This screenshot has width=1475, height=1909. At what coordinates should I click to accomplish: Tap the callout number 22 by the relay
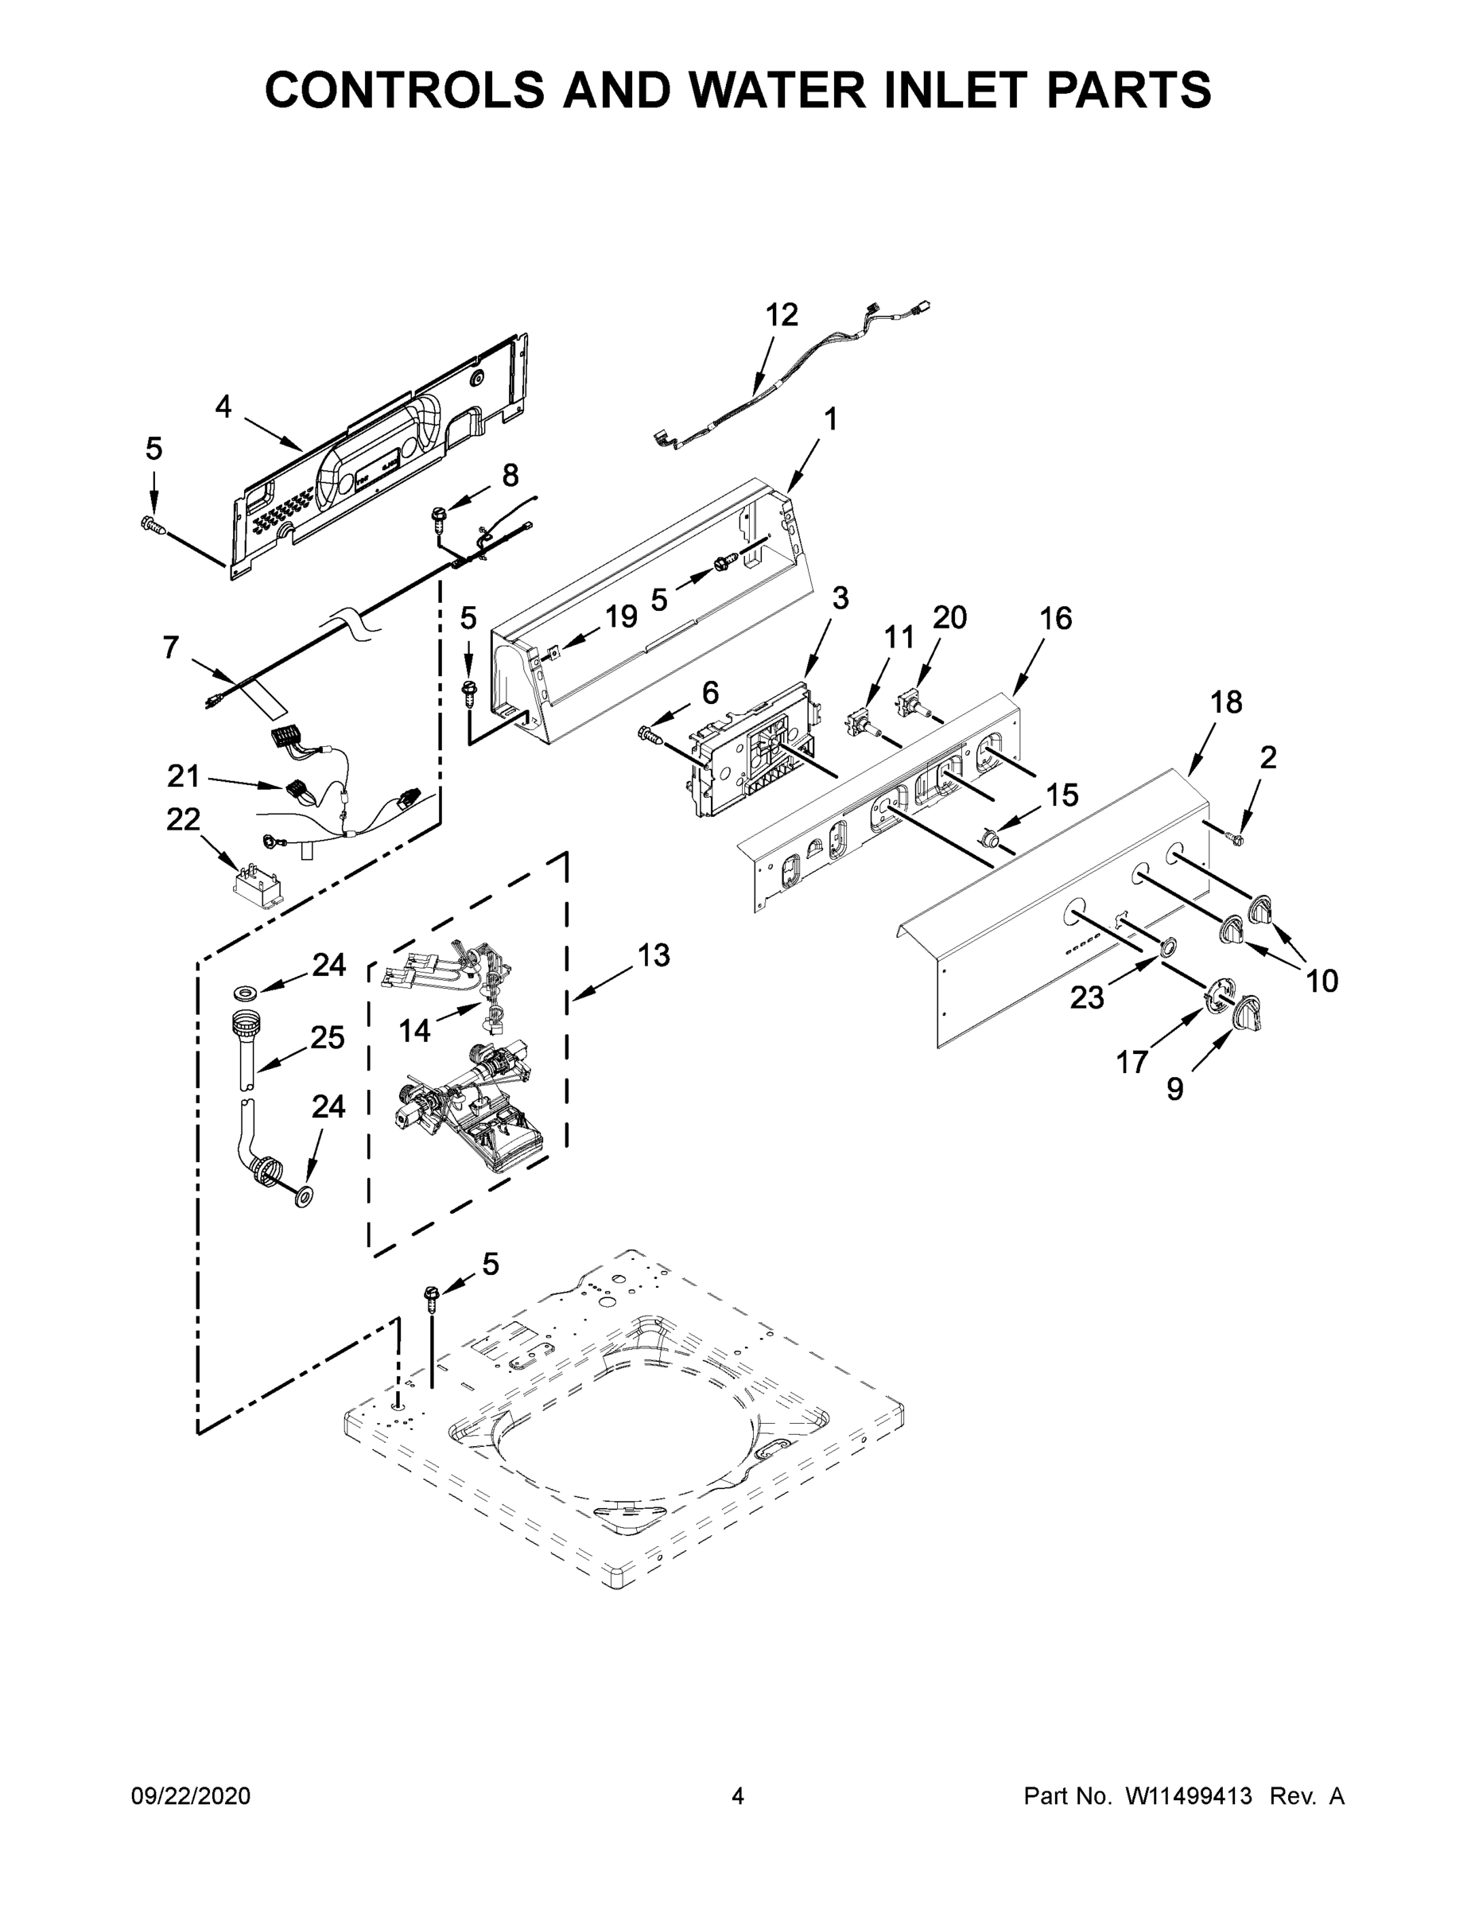184,819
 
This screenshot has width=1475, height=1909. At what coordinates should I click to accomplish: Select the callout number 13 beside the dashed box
653,954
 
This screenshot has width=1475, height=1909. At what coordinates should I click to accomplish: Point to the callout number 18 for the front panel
1226,701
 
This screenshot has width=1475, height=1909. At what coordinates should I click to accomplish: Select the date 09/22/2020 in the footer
191,1796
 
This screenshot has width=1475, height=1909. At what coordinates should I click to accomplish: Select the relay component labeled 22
258,884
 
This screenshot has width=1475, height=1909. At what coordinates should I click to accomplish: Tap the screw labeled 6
651,731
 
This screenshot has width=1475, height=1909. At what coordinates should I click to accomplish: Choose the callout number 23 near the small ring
1087,997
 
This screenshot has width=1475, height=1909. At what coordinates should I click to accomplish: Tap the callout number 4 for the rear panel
223,406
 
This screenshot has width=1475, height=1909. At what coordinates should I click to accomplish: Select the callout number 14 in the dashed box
415,1031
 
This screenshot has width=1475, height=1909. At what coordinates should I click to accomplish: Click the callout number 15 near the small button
1062,795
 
